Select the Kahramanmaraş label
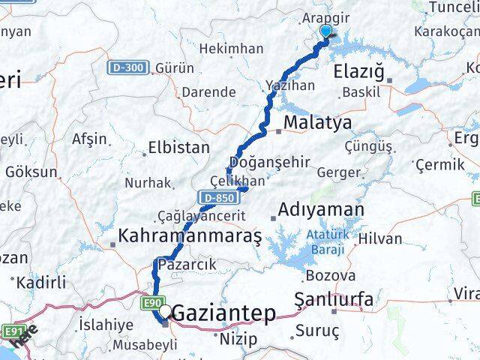190,237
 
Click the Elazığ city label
363,73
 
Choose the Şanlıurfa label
334,299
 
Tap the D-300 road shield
128,68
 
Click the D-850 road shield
215,197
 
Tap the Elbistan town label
179,148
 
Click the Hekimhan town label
231,49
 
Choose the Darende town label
208,92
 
